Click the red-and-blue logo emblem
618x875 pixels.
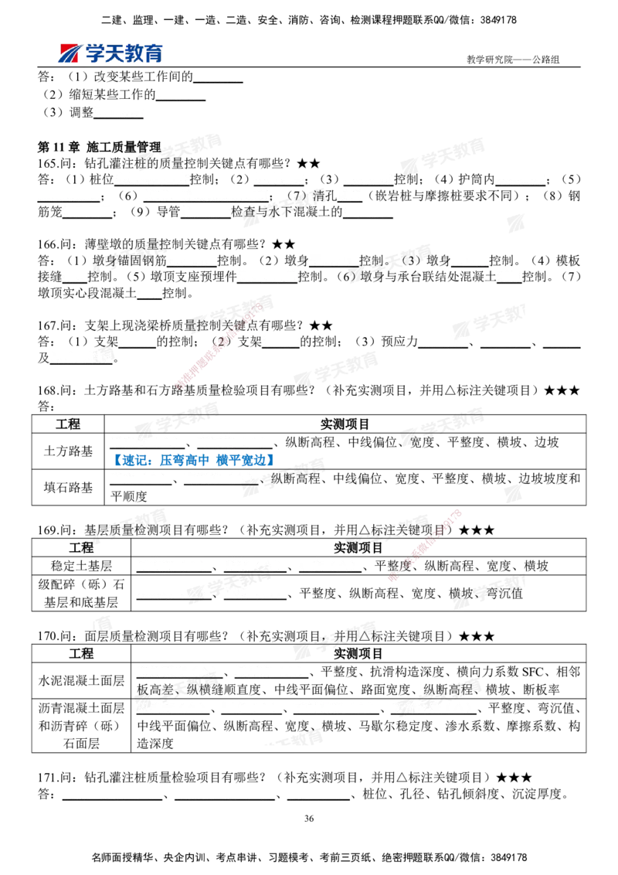tap(68, 53)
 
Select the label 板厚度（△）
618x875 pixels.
tap(171, 592)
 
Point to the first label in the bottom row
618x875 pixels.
tap(111, 792)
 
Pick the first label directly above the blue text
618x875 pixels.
tap(144, 442)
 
